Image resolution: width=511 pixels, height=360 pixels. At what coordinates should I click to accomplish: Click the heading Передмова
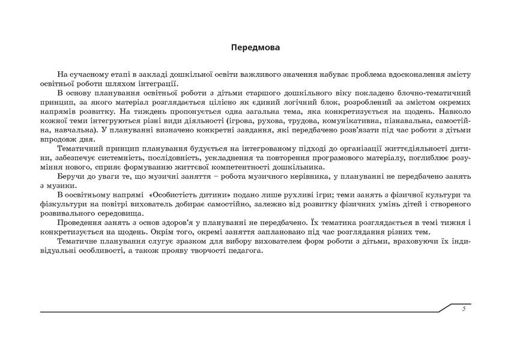click(255, 46)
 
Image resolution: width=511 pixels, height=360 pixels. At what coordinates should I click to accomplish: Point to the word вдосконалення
click(408, 74)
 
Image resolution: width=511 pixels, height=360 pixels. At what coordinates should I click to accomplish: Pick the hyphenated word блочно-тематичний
click(432, 94)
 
